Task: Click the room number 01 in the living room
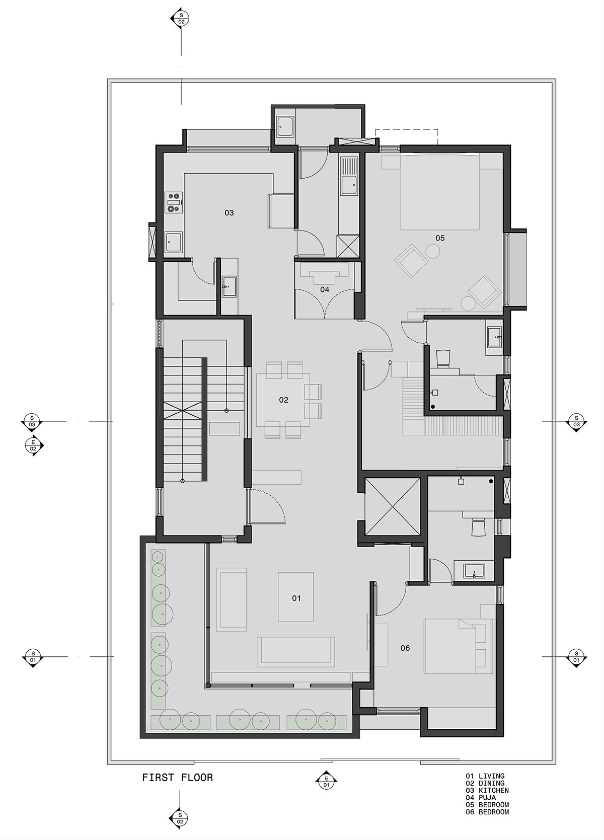[x=296, y=598]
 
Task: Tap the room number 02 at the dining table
[x=283, y=400]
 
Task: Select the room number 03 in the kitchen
[x=229, y=213]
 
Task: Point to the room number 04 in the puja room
[x=325, y=289]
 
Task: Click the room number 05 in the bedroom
[x=440, y=238]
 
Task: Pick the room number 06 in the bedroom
[x=405, y=648]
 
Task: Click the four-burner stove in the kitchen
[x=174, y=202]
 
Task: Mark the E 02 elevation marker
[x=33, y=445]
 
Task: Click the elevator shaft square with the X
[x=393, y=506]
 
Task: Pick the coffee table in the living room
[x=296, y=596]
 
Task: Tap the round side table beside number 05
[x=433, y=251]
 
